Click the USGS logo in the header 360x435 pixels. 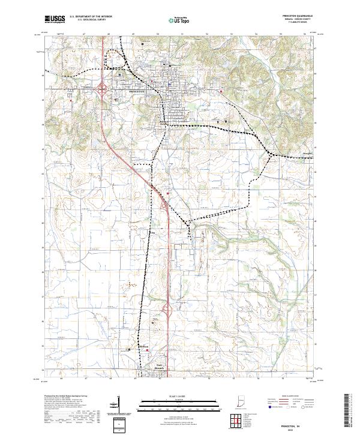55,20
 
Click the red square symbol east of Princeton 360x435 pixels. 221,91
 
